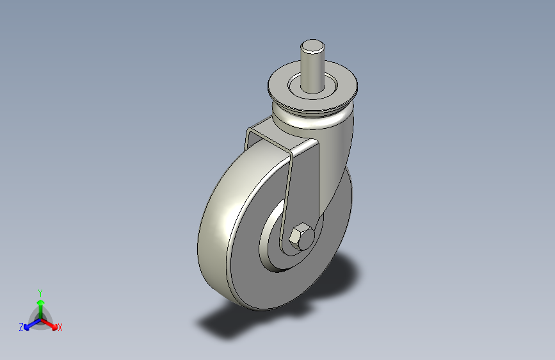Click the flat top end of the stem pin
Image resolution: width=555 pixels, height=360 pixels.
pos(312,45)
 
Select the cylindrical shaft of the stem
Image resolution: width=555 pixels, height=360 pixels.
pos(312,70)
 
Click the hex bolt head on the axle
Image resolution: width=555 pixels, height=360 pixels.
pos(300,238)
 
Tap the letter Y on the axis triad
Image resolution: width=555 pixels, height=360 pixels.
pos(40,291)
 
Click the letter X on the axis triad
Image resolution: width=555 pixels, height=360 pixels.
pos(60,327)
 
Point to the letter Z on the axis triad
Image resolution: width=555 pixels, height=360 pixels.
pos(21,327)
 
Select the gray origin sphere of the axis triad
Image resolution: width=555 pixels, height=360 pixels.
pos(40,319)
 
